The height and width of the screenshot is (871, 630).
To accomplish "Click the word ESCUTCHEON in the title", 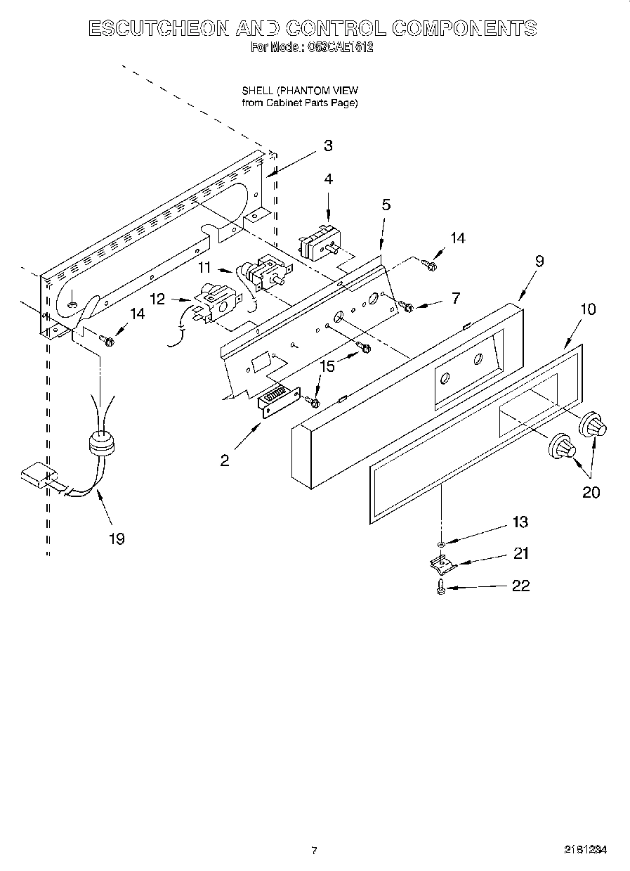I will (158, 28).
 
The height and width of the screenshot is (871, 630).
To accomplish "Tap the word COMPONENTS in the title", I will (464, 28).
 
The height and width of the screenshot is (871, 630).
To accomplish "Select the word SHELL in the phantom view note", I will (257, 91).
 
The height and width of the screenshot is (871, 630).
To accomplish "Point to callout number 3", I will (328, 146).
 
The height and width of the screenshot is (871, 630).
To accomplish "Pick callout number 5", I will (386, 205).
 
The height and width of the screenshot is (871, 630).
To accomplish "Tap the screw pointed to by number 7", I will (406, 305).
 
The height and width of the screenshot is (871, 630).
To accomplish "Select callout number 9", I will (539, 261).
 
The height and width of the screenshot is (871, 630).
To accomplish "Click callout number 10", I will (588, 309).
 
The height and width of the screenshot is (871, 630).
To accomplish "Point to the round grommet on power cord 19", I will (103, 444).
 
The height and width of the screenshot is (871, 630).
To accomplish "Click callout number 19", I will (116, 538).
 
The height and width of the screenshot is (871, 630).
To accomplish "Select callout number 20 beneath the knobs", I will (591, 492).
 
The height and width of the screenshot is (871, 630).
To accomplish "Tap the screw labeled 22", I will (440, 586).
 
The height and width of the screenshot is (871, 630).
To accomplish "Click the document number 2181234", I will (585, 850).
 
